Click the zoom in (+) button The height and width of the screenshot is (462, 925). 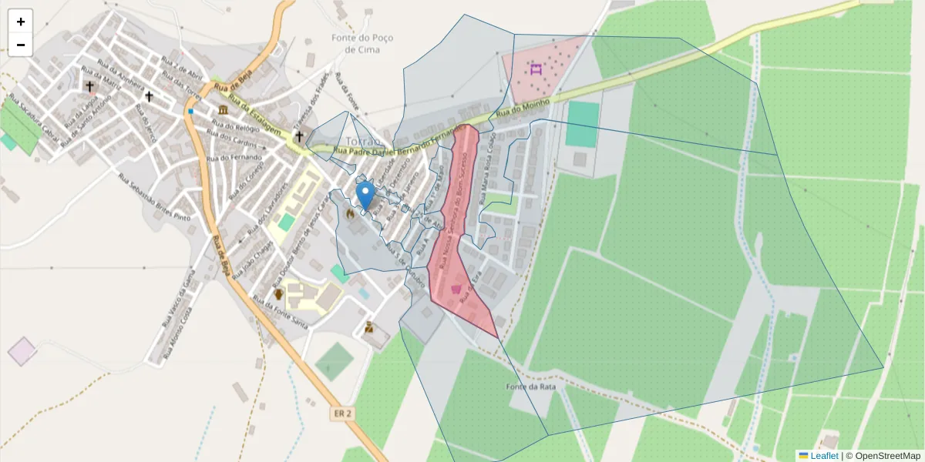point(20,22)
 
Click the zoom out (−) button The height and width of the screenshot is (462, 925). point(20,45)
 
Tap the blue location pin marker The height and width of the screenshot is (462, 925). point(366,195)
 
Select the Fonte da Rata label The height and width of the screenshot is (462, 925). point(530,387)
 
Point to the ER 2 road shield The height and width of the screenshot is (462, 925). point(343,413)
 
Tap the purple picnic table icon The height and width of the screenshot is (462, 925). point(536,69)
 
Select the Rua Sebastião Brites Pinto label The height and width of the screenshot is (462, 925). point(154,197)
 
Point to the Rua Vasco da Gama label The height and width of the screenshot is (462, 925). point(177,300)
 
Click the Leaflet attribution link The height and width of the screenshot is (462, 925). point(824,455)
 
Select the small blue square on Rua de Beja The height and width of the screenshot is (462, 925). point(190,111)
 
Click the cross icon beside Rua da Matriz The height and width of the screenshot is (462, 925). point(90,86)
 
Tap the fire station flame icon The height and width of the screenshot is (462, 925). point(351,213)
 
